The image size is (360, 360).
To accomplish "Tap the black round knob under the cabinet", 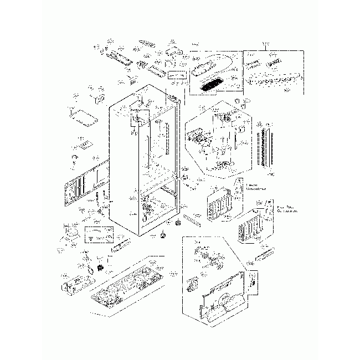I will pos(163,235).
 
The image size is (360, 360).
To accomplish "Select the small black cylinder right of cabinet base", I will pos(178,224).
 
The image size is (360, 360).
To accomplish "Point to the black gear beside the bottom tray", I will pos(101,268).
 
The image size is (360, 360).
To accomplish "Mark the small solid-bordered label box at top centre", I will pos(179,75).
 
